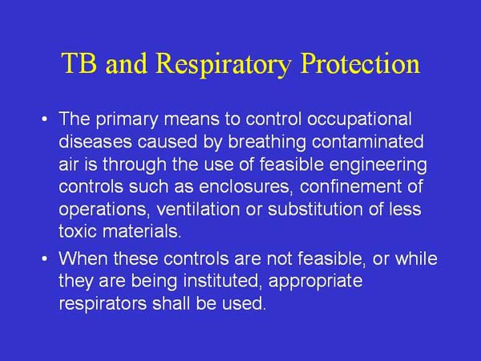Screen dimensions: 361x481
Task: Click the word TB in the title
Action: (x=79, y=64)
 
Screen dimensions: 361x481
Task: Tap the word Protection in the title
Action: (x=361, y=64)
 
